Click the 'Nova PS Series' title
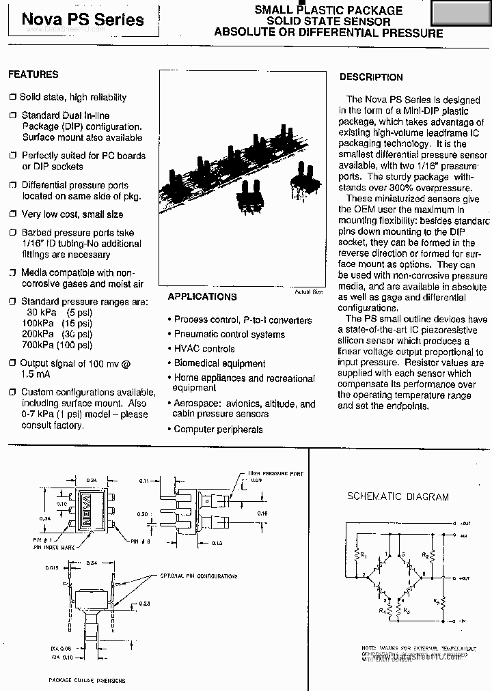click(x=83, y=20)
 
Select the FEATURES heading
click(x=33, y=74)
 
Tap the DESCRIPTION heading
click(x=371, y=77)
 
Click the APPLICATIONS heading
click(x=202, y=296)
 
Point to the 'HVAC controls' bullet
click(x=204, y=349)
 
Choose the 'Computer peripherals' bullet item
click(x=218, y=429)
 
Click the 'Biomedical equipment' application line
click(x=219, y=364)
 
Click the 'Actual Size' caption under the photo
click(x=308, y=292)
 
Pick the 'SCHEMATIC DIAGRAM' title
click(x=398, y=497)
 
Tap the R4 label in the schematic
click(x=389, y=602)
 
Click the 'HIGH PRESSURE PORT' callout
click(x=277, y=473)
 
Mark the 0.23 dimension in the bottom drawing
click(x=144, y=603)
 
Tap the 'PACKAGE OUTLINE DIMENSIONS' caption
click(x=87, y=680)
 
